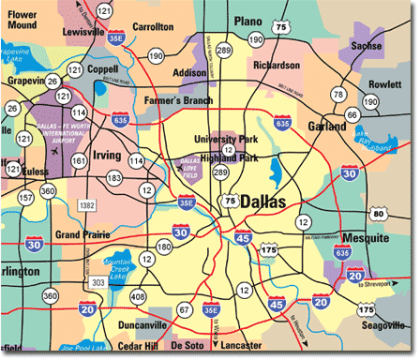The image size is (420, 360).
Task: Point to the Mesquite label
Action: [x=364, y=238]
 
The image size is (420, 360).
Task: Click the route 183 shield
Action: [x=114, y=177]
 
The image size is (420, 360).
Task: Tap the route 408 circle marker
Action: [x=140, y=297]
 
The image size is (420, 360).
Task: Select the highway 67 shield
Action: [x=185, y=308]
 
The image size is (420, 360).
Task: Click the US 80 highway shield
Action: [x=404, y=214]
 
